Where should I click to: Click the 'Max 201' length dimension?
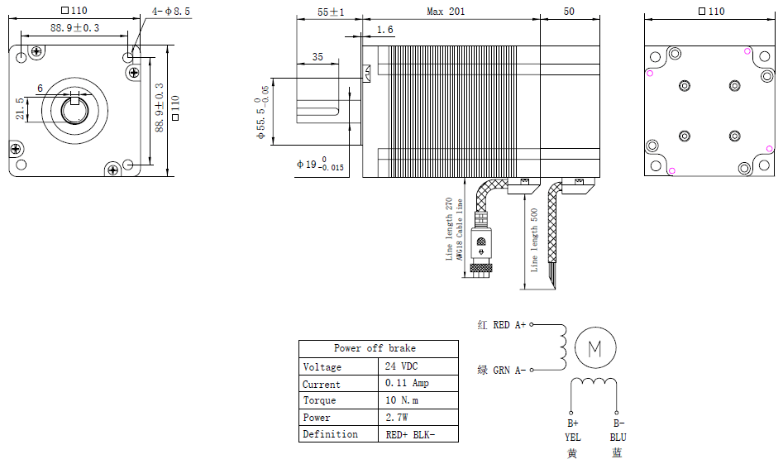pyautogui.click(x=446, y=11)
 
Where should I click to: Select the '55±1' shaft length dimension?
pyautogui.click(x=331, y=12)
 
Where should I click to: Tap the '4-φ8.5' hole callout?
pyautogui.click(x=171, y=11)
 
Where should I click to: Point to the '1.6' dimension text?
pyautogui.click(x=384, y=30)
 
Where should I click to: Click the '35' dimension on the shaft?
pyautogui.click(x=317, y=57)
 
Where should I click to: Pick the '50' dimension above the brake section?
pyautogui.click(x=569, y=11)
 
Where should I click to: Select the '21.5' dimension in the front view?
pyautogui.click(x=20, y=109)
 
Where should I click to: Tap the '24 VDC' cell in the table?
pyautogui.click(x=401, y=366)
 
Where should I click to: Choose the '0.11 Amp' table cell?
pyautogui.click(x=407, y=383)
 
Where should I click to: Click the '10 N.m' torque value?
pyautogui.click(x=402, y=400)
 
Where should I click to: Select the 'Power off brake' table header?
pyautogui.click(x=375, y=348)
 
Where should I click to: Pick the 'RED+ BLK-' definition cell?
pyautogui.click(x=410, y=434)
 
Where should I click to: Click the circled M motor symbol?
pyautogui.click(x=595, y=347)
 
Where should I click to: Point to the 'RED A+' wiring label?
pyautogui.click(x=508, y=325)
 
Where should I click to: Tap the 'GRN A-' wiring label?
pyautogui.click(x=508, y=370)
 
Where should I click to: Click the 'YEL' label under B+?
pyautogui.click(x=573, y=438)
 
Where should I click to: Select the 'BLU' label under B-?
pyautogui.click(x=618, y=438)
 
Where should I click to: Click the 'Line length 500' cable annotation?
pyautogui.click(x=534, y=240)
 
